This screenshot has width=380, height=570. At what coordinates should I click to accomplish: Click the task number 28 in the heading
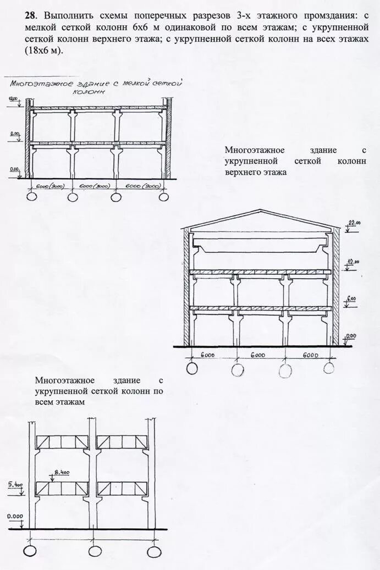pyautogui.click(x=30, y=16)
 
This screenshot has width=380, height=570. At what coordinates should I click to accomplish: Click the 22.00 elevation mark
pyautogui.click(x=354, y=223)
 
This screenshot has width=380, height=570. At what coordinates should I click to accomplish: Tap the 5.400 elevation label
pyautogui.click(x=15, y=484)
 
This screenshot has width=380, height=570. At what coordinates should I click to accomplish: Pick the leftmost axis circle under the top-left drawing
pyautogui.click(x=30, y=197)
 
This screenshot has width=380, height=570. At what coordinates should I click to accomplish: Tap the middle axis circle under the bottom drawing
pyautogui.click(x=95, y=551)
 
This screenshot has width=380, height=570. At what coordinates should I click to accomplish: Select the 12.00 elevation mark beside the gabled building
pyautogui.click(x=352, y=262)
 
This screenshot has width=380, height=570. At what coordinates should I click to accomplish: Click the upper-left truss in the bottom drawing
pyautogui.click(x=62, y=441)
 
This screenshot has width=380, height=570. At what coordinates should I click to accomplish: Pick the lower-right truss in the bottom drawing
pyautogui.click(x=123, y=488)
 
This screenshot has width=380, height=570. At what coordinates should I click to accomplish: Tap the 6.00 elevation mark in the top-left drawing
pyautogui.click(x=15, y=134)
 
